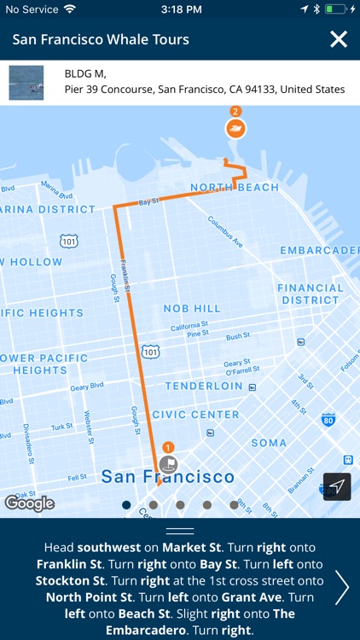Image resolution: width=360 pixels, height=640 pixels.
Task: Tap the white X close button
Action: coord(339,39)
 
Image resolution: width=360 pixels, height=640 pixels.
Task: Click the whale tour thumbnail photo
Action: coord(26,83)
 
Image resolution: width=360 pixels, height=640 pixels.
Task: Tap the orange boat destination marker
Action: coord(235,129)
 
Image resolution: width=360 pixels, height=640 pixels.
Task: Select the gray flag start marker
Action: coord(167,464)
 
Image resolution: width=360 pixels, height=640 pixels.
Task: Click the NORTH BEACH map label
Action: coord(235,188)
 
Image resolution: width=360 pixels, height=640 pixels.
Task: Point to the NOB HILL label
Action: coord(192,308)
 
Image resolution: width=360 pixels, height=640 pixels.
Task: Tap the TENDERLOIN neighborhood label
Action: coord(200,386)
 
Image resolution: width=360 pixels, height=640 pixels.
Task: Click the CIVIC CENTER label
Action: coord(196,415)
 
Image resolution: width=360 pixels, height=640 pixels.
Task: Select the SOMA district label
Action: coord(269,443)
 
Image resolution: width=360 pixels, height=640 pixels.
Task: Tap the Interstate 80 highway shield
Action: coord(328,419)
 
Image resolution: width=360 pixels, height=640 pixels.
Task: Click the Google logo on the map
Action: coord(29,503)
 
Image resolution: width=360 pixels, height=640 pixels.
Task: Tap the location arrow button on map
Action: coord(337,486)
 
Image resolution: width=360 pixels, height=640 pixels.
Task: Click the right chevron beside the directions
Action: coord(342,587)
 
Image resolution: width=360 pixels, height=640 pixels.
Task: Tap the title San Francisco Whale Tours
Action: coord(101,39)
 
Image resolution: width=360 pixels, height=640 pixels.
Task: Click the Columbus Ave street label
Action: coord(225,230)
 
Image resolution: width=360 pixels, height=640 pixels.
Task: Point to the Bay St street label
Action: coord(148,202)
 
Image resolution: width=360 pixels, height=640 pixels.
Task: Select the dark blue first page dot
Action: coord(126,505)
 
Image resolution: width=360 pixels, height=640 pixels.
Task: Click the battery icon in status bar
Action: coord(339,9)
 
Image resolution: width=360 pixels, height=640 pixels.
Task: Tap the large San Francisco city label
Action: coord(166,477)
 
